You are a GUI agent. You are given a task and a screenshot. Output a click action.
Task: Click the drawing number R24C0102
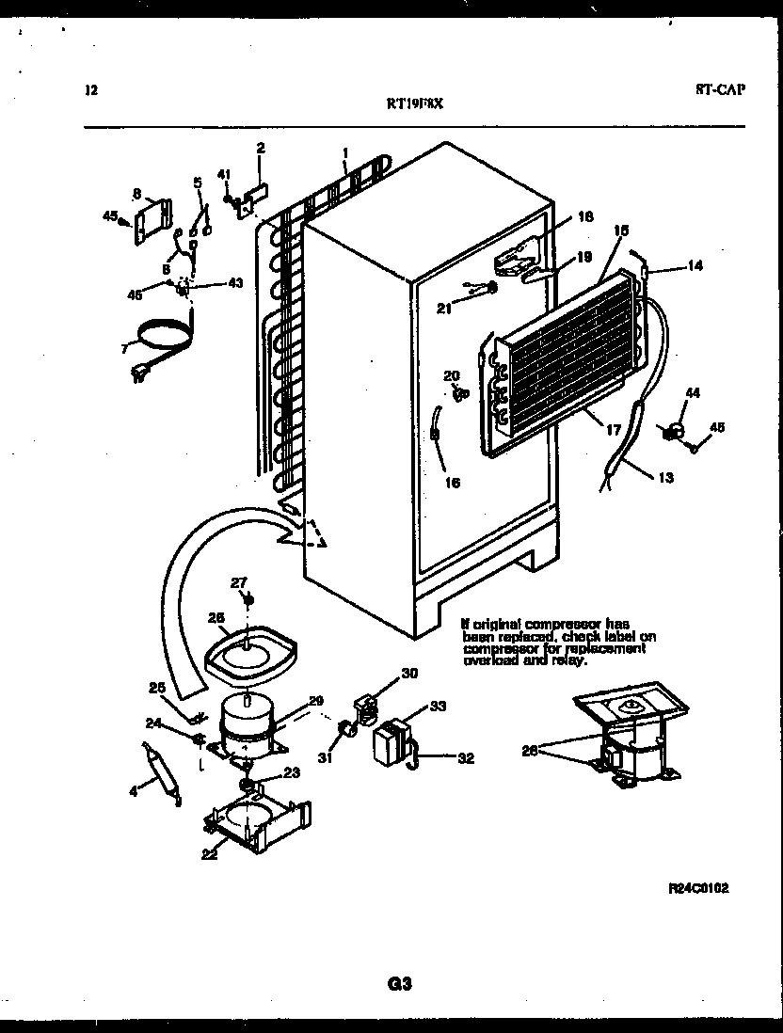[698, 887]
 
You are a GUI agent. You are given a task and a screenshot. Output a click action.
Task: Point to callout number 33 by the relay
[439, 705]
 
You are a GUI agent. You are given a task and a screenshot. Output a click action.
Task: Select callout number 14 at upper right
[695, 266]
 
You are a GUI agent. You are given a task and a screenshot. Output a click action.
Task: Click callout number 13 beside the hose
[665, 477]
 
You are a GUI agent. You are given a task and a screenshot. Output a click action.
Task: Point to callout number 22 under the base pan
[208, 853]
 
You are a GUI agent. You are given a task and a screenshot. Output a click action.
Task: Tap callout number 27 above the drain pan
[238, 582]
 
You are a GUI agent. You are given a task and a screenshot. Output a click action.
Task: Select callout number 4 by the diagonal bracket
[134, 792]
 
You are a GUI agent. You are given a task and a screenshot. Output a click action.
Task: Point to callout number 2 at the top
[261, 148]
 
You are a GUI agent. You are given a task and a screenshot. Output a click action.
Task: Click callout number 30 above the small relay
[408, 673]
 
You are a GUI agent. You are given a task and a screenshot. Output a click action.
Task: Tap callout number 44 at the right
[692, 392]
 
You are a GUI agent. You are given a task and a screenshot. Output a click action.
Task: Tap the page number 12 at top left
[90, 91]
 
